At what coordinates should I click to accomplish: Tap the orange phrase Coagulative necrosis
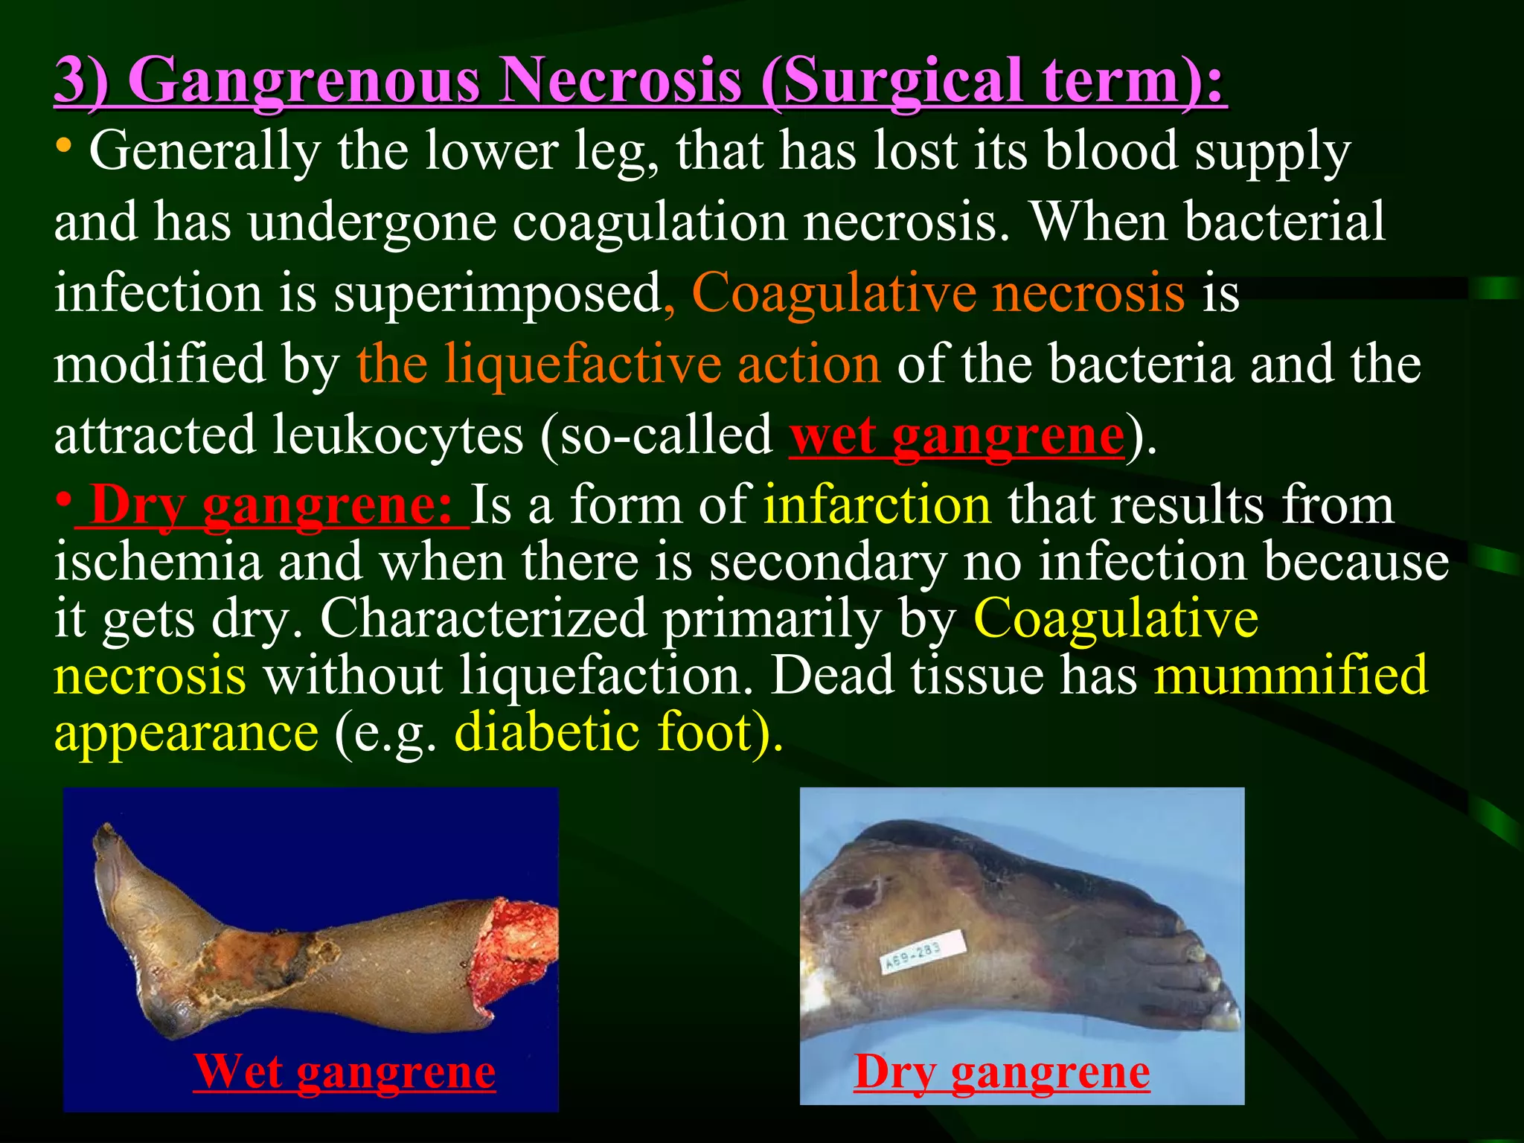(x=938, y=292)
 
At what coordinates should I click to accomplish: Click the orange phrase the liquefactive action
(x=618, y=364)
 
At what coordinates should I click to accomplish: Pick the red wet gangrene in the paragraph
(x=956, y=435)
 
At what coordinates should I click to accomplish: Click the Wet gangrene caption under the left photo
(x=344, y=1072)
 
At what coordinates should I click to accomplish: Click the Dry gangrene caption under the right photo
(x=1001, y=1072)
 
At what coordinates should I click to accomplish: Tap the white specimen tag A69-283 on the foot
(x=923, y=953)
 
